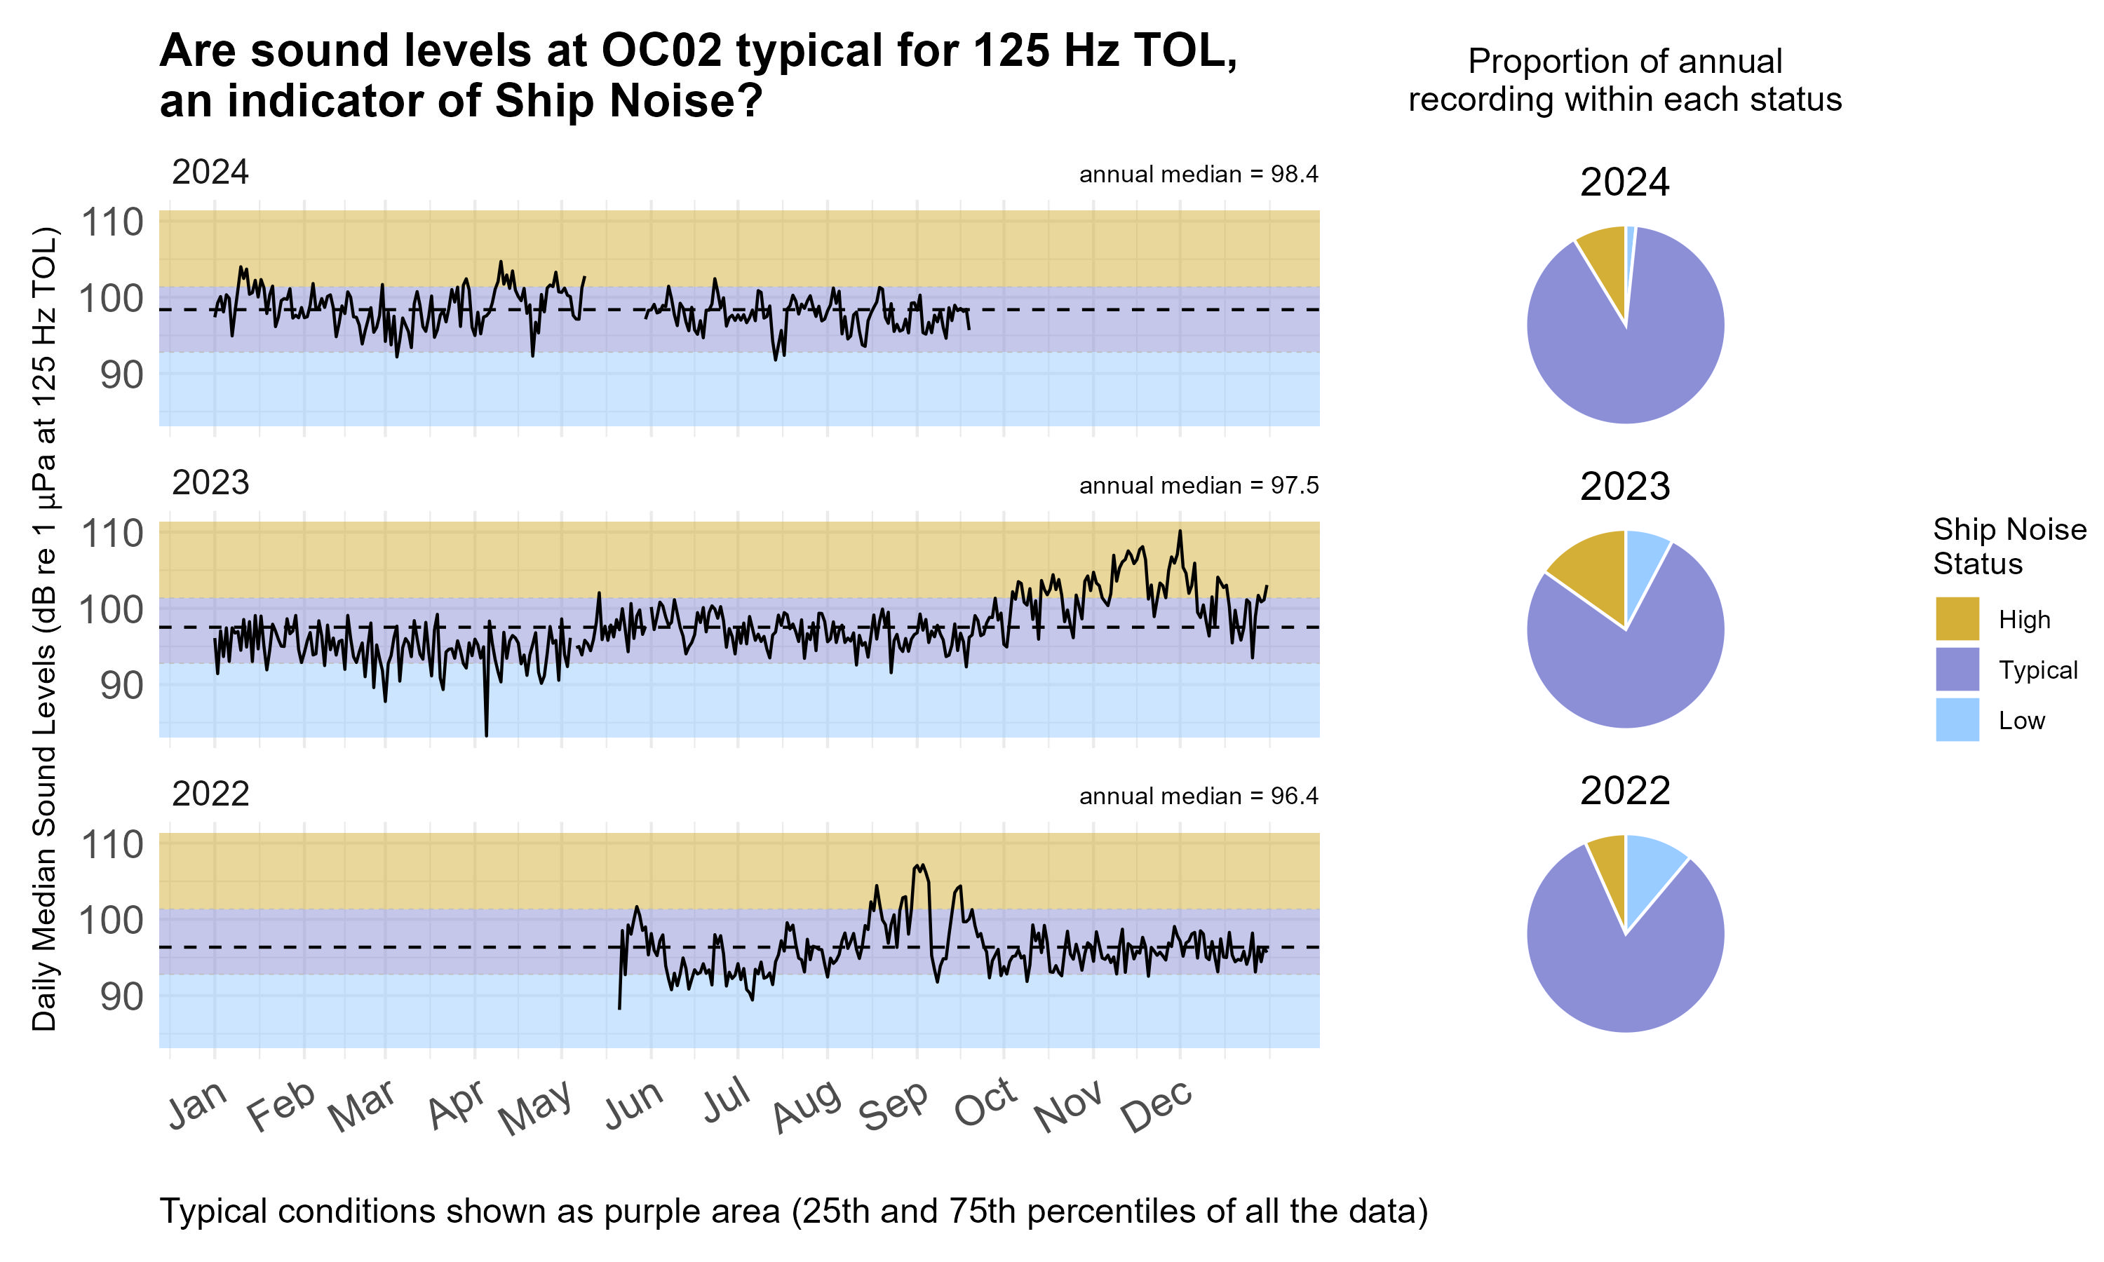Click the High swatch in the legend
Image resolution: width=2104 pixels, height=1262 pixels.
tap(1956, 618)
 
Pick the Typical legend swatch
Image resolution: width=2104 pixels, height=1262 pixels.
tap(1956, 670)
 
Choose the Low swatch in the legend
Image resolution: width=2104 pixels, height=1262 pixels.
tap(1956, 719)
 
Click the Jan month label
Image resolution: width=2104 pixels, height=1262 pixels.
tap(197, 1106)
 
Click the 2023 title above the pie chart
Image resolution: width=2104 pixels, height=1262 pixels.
tap(1624, 487)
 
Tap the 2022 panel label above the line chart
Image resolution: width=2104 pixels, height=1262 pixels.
tap(210, 794)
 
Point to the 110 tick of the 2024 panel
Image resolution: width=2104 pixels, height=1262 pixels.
tap(112, 223)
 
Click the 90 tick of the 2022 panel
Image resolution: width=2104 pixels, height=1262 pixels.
tap(121, 996)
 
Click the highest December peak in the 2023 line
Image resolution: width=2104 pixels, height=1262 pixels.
tap(1180, 531)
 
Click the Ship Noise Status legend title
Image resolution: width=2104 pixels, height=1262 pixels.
tap(2008, 546)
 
